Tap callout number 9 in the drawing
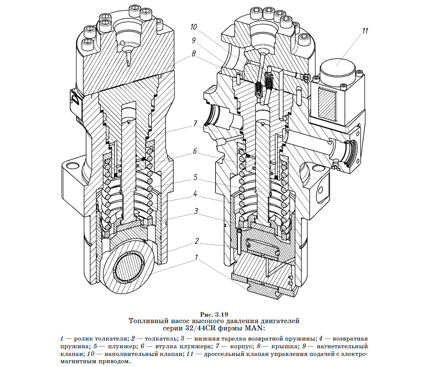pos(194,40)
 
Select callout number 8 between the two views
pos(194,54)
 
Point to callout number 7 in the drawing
pos(194,124)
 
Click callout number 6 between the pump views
pos(194,151)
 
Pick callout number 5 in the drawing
pos(194,176)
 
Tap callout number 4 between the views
pos(194,193)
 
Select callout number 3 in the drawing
pos(196,211)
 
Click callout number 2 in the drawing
pos(196,241)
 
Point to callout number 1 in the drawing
pos(196,258)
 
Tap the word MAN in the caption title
pos(255,328)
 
